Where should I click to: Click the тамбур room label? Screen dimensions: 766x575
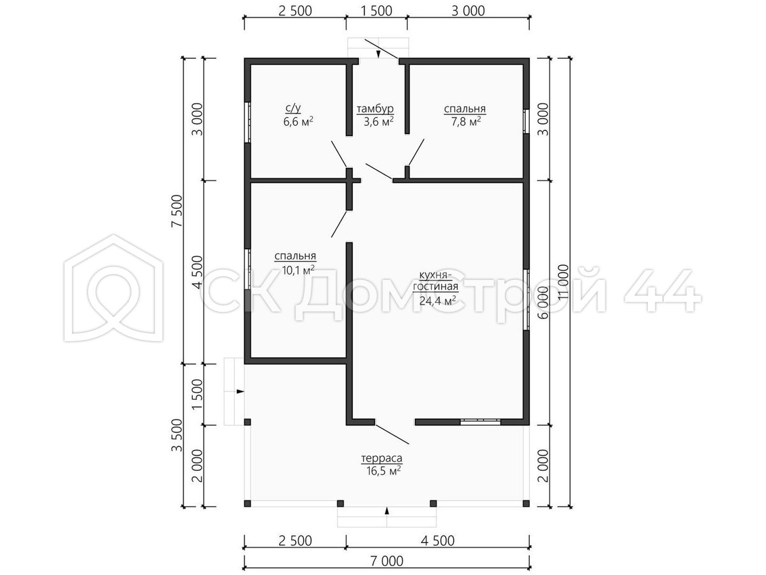click(x=375, y=109)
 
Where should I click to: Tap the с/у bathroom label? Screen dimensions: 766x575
click(x=293, y=108)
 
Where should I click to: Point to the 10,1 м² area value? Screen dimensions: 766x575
click(x=298, y=270)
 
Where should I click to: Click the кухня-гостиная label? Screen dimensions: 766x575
click(x=435, y=281)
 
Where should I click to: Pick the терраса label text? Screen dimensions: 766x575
click(x=382, y=457)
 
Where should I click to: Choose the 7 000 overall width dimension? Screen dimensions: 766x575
click(x=387, y=561)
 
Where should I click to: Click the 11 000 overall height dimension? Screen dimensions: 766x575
click(x=563, y=281)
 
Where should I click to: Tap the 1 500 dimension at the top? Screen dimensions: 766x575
click(x=376, y=11)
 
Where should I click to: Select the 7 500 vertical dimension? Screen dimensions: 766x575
click(x=177, y=211)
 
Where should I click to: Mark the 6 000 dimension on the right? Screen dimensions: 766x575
click(x=543, y=302)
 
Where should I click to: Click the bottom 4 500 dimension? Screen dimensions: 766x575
click(x=438, y=540)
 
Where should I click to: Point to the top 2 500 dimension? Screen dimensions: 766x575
click(x=296, y=11)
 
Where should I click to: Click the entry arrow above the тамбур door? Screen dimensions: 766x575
click(x=379, y=54)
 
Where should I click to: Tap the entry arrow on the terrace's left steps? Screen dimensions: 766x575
click(x=240, y=392)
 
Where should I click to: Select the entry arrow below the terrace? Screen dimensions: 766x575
click(x=387, y=510)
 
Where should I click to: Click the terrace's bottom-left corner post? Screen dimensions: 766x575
click(x=248, y=503)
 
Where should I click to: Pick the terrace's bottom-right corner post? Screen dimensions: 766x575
click(x=526, y=503)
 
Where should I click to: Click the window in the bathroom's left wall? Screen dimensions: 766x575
click(x=248, y=122)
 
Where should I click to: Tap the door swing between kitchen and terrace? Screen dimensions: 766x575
click(x=391, y=434)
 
